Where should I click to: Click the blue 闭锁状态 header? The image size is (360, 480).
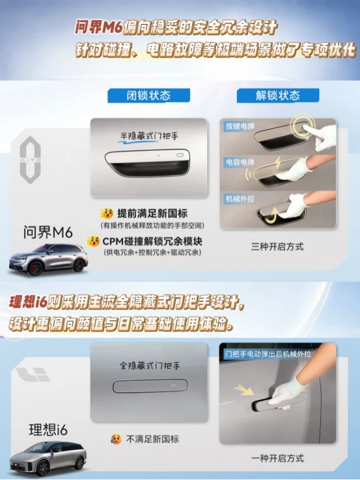tap(148, 96)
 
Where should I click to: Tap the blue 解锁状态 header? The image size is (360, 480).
tap(278, 96)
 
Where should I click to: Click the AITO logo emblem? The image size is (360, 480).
tap(31, 160)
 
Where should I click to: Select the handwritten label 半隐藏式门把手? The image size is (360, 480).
tap(149, 137)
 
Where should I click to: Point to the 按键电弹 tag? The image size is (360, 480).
tap(240, 126)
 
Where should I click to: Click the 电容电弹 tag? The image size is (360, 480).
tap(240, 162)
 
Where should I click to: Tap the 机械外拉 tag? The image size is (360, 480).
tap(240, 199)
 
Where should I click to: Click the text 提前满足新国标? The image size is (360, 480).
tap(152, 213)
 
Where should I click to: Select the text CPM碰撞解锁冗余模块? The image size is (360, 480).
tap(152, 241)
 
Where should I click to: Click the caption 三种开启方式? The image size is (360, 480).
tap(277, 247)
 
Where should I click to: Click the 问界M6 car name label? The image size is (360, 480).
tap(48, 233)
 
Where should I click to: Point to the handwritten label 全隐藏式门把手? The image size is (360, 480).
tap(150, 366)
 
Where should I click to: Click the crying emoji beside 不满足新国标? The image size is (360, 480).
tap(116, 439)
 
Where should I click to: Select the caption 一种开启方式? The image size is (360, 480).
tap(277, 459)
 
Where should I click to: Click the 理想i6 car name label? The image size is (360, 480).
tap(48, 430)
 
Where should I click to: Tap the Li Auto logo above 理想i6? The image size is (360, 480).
tap(33, 375)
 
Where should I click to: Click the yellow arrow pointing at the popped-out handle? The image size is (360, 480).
tap(244, 390)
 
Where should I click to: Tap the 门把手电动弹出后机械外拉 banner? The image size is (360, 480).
tap(268, 354)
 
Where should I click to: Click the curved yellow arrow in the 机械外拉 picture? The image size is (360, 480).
tap(271, 214)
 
